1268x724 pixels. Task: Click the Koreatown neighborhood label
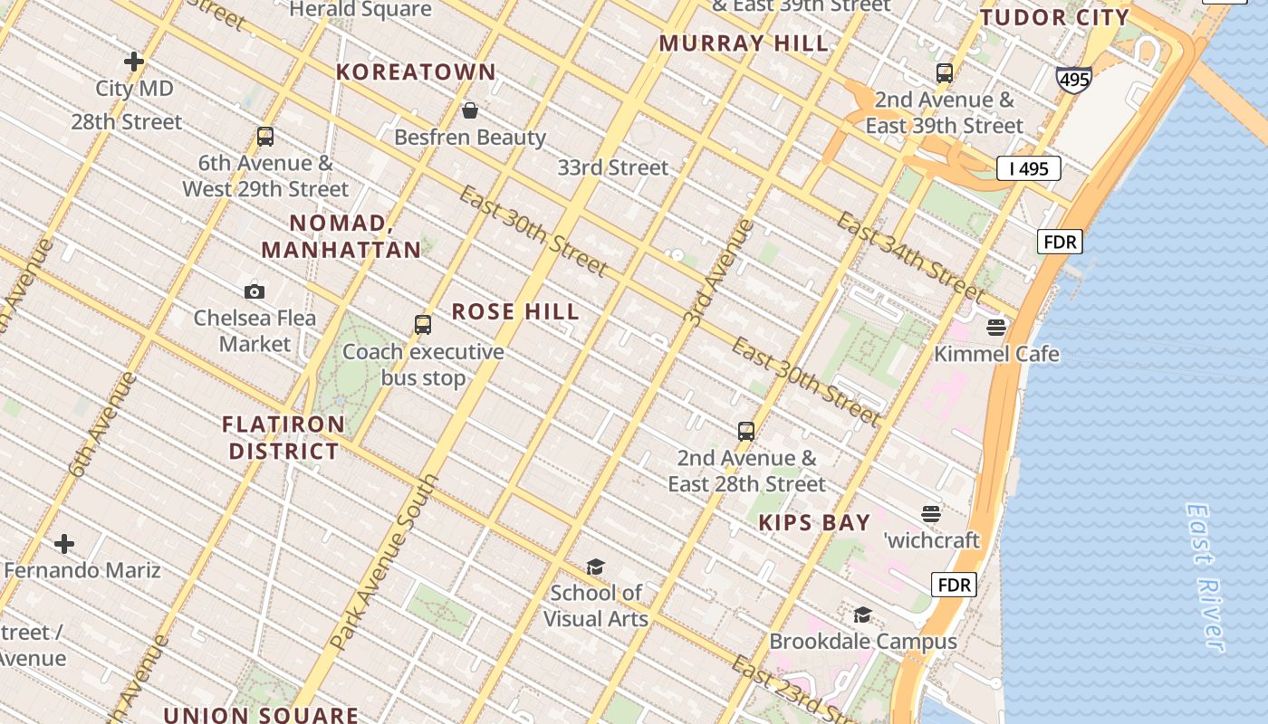pos(416,72)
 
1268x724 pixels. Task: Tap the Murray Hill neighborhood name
pos(744,43)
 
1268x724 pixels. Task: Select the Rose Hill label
pos(515,312)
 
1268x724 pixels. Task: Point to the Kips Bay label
pos(814,523)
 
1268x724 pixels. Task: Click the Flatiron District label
pos(283,438)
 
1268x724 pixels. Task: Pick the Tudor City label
pos(1055,18)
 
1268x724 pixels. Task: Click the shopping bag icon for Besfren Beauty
pos(470,111)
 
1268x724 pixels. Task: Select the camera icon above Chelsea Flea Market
pos(255,291)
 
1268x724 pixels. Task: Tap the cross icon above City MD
pos(134,62)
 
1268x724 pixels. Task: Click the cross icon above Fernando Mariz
pos(64,544)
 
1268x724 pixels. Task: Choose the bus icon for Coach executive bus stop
pos(422,325)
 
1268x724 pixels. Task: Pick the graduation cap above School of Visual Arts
pos(595,567)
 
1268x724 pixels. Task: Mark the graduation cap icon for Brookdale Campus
pos(862,615)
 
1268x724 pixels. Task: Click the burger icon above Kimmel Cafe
pos(996,327)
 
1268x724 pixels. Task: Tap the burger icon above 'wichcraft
pos(931,514)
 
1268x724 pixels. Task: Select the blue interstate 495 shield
pos(1073,80)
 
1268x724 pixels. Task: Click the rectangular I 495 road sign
pos(1028,168)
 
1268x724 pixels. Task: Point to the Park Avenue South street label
pos(384,563)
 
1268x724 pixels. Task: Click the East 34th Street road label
pos(909,257)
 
